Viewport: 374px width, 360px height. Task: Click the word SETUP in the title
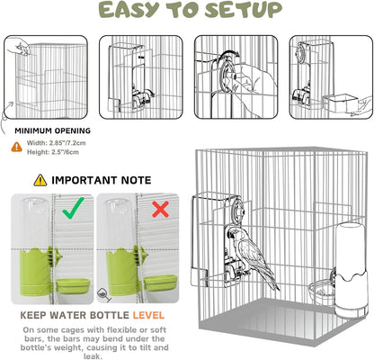[244, 10]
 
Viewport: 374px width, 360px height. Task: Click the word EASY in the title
[129, 10]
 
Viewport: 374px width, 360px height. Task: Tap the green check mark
[74, 208]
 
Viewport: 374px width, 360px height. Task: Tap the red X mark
[160, 209]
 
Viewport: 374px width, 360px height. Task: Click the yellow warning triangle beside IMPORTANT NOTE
[40, 180]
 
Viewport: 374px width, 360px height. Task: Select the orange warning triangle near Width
[17, 147]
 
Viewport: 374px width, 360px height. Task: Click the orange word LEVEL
[148, 315]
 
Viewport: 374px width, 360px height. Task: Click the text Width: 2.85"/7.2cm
[56, 143]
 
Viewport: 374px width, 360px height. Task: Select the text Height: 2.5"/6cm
[53, 152]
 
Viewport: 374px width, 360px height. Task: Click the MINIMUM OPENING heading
[52, 130]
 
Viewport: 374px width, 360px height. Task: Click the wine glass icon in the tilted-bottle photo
[104, 295]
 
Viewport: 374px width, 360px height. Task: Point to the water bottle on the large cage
[351, 270]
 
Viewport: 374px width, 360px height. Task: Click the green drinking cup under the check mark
[73, 286]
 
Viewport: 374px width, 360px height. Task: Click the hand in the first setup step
[19, 47]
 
